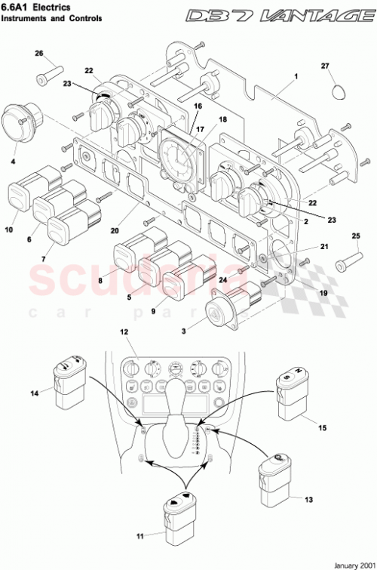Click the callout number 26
tap(40, 54)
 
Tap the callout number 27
tap(326, 66)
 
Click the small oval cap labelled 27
tap(342, 91)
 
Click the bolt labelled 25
tap(344, 264)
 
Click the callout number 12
tap(124, 332)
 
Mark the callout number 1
tap(296, 76)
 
